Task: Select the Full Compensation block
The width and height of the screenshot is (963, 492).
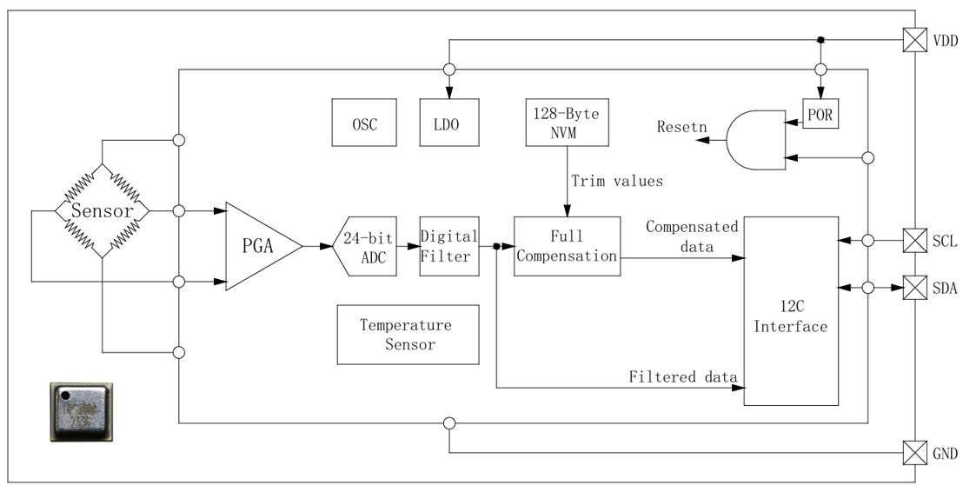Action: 567,246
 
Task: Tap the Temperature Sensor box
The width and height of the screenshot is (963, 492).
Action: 408,335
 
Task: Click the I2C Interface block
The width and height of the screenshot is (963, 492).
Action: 791,310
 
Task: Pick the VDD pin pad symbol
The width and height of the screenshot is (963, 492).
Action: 915,40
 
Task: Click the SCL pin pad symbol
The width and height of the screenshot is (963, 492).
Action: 915,239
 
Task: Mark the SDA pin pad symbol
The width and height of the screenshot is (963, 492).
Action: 915,288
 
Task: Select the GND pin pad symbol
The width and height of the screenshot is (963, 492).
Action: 915,453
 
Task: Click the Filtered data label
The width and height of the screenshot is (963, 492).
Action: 683,376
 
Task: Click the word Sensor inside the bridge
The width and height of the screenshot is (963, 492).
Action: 101,211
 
